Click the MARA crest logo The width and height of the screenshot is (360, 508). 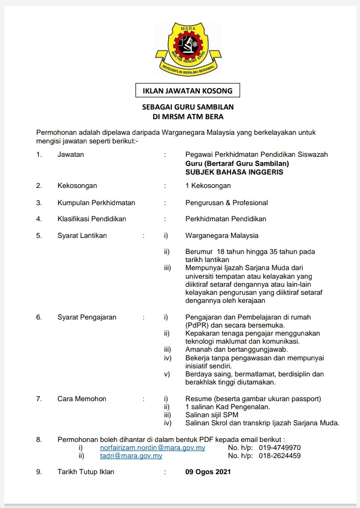click(188, 49)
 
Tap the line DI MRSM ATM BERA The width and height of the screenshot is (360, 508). click(188, 116)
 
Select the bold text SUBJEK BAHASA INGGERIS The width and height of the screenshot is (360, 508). click(234, 172)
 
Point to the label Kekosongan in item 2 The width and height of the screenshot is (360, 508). click(77, 186)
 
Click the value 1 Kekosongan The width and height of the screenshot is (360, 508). click(208, 186)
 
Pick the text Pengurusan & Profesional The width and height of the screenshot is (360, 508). click(226, 203)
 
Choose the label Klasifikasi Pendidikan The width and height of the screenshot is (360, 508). click(92, 219)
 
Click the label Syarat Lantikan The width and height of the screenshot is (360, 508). click(82, 235)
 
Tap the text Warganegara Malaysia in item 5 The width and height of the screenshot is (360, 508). click(222, 235)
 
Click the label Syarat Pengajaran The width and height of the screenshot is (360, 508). click(87, 317)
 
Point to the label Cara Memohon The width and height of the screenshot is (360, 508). click(82, 399)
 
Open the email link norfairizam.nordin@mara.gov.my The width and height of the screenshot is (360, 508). click(153, 448)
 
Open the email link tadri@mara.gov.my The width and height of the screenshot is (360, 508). click(131, 456)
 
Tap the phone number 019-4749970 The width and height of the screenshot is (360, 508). click(279, 448)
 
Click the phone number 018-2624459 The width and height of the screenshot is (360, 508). click(279, 456)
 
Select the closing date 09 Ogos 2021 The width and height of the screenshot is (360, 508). click(208, 472)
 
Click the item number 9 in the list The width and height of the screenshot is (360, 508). click(39, 472)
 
